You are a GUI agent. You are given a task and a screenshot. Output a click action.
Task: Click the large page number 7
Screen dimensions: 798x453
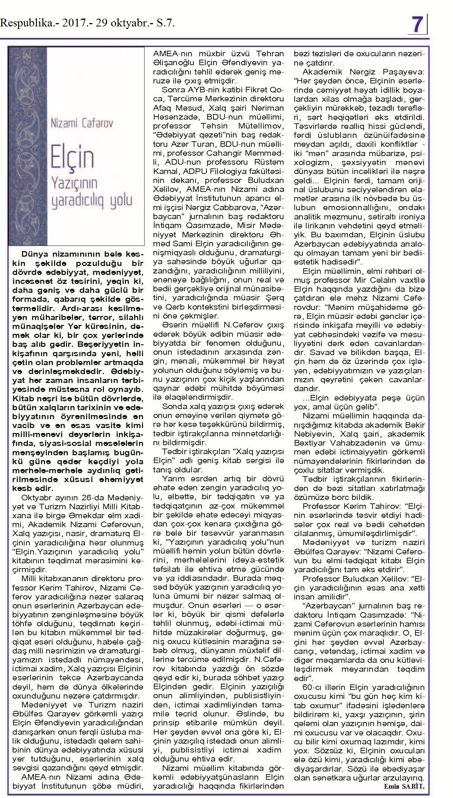point(418,25)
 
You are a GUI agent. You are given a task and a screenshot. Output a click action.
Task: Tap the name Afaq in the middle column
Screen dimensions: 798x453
point(163,108)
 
